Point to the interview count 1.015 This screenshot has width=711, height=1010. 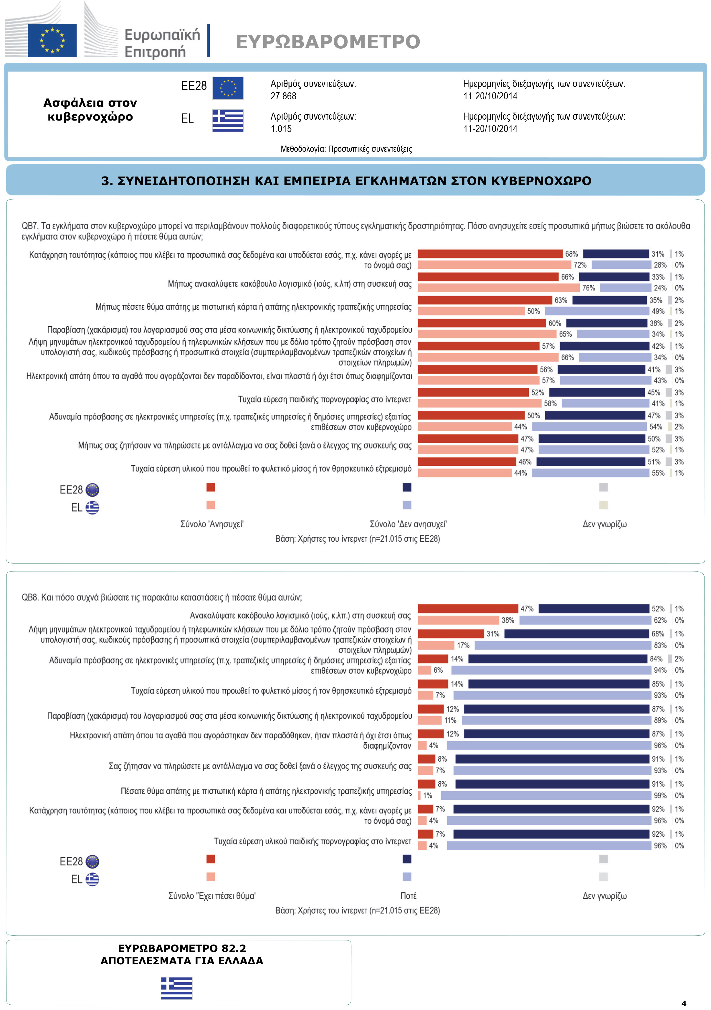coord(281,129)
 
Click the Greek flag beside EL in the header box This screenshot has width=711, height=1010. coord(228,121)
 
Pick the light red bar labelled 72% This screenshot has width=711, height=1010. coord(494,265)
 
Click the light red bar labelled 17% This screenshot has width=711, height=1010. coord(436,645)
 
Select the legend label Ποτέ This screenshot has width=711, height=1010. coord(408,896)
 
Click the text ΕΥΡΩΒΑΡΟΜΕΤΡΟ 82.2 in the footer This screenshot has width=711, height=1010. coord(182,948)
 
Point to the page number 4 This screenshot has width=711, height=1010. coord(684,1004)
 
